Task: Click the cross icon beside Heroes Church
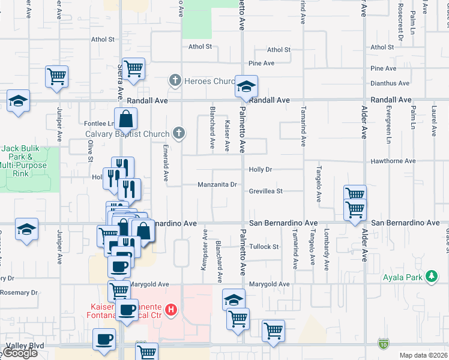175,80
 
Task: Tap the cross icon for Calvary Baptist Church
179,133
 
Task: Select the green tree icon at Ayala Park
430,277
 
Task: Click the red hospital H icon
172,310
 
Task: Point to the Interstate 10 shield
384,343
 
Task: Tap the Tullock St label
265,247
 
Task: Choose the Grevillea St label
266,191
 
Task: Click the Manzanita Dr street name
217,185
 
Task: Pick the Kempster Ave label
204,249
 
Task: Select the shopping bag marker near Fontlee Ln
126,120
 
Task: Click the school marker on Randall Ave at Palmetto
246,87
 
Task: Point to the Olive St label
91,151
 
